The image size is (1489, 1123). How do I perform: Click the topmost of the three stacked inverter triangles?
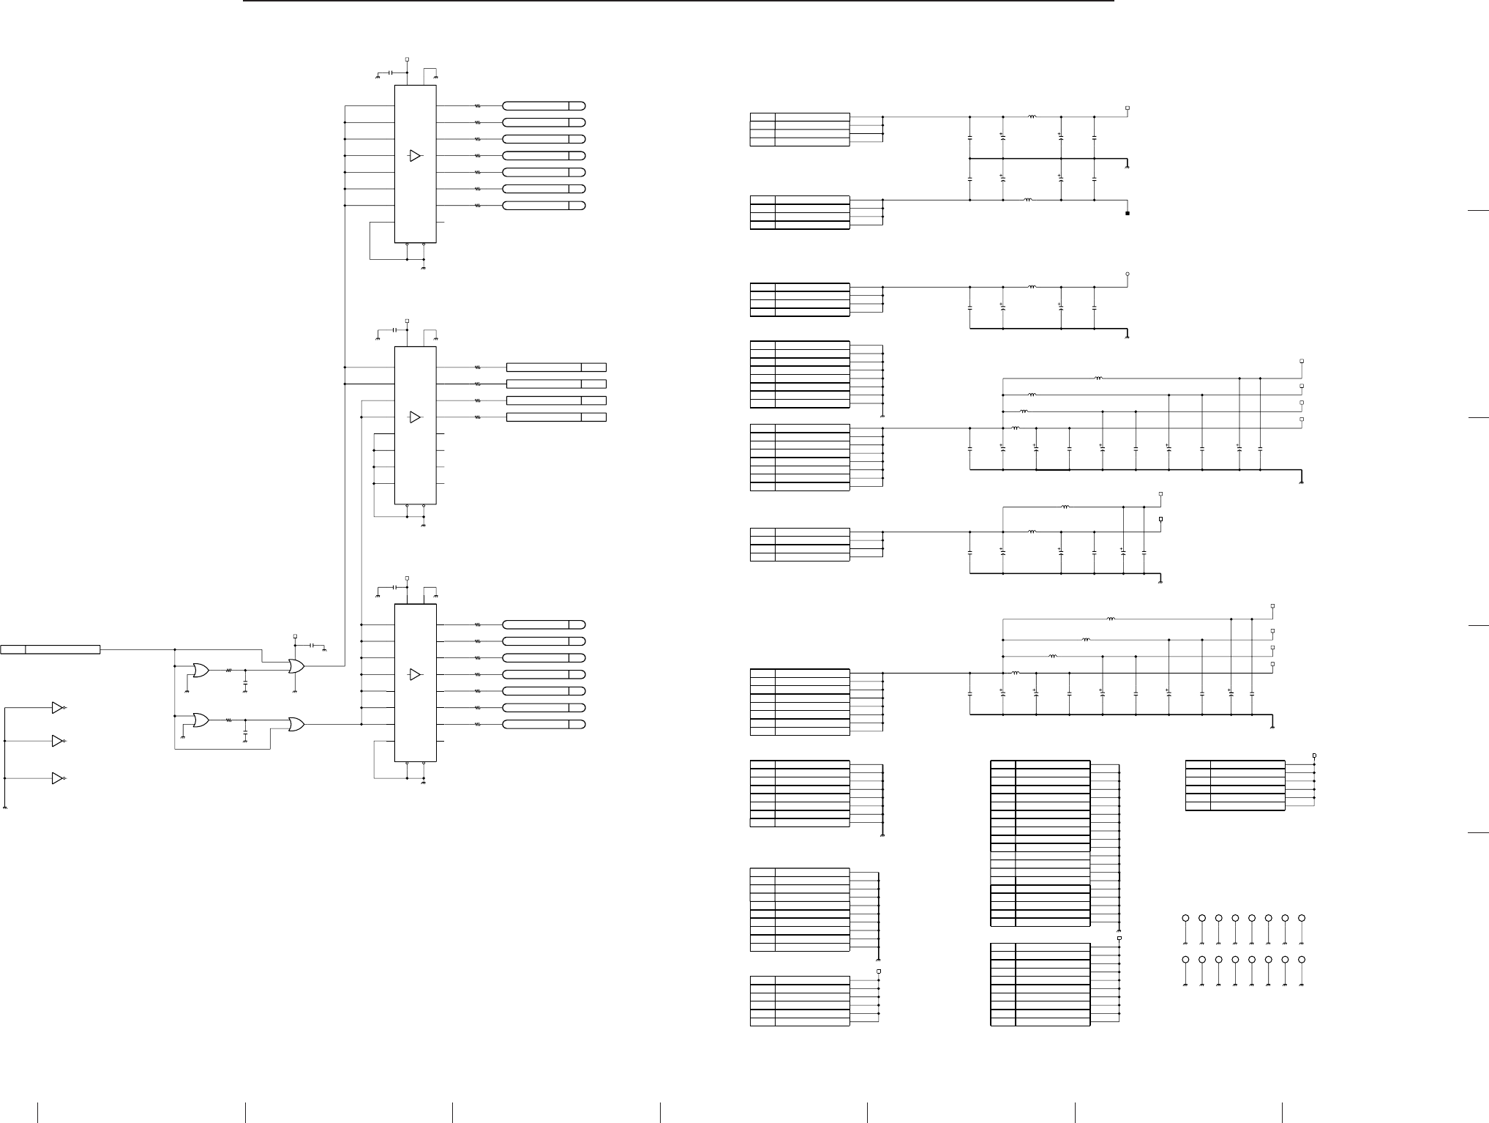tap(58, 708)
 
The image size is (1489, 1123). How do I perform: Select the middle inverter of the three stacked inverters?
tap(58, 742)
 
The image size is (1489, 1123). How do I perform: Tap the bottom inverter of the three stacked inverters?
tap(58, 778)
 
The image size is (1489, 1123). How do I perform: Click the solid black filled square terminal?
tap(1128, 214)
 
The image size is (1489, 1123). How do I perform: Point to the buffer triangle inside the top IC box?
tap(415, 155)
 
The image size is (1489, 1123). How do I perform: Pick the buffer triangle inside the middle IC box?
tap(415, 417)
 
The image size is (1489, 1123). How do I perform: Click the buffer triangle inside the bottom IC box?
tap(415, 674)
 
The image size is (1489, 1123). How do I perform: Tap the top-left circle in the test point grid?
tap(1185, 918)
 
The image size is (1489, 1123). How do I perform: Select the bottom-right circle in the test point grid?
tap(1302, 960)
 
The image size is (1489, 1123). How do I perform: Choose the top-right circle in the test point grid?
tap(1302, 918)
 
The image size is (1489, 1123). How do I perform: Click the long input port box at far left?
tap(50, 649)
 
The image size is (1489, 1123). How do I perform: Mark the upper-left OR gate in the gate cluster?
tap(199, 670)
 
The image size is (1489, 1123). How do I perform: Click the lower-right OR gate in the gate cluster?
tap(296, 725)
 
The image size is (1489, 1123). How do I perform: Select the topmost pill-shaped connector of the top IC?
tap(544, 105)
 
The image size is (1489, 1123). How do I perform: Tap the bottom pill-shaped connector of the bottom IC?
tap(544, 725)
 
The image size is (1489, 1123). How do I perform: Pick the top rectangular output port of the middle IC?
tap(556, 368)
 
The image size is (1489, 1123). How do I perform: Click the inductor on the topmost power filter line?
tap(1032, 116)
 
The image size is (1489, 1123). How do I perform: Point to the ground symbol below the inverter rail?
tap(5, 807)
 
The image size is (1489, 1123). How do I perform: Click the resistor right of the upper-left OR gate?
tap(229, 670)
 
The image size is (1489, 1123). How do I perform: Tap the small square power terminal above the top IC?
tap(407, 59)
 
